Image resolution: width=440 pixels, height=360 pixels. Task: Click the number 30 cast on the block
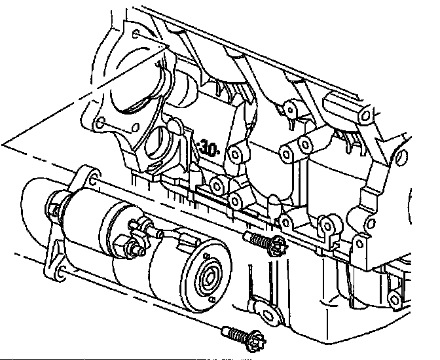click(209, 149)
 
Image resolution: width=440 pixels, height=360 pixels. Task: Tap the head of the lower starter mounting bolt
click(255, 340)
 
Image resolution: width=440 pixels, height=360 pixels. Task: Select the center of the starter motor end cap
click(209, 278)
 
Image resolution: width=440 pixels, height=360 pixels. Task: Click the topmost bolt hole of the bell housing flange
click(136, 35)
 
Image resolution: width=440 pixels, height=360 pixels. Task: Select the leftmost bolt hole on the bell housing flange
click(100, 124)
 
